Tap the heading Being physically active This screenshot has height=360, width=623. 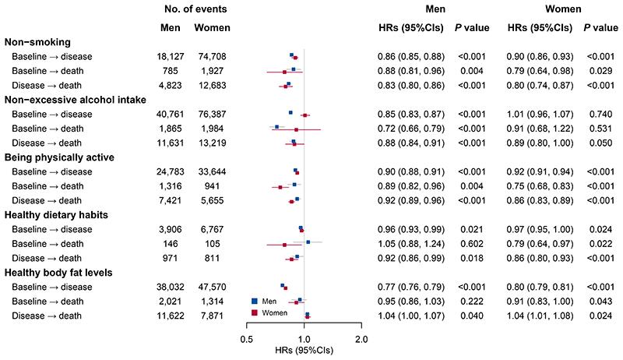pyautogui.click(x=59, y=157)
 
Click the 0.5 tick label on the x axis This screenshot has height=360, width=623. pyautogui.click(x=247, y=339)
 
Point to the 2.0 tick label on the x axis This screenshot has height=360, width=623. pyautogui.click(x=361, y=339)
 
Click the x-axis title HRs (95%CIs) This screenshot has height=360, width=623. pyautogui.click(x=304, y=351)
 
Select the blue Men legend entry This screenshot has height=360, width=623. pyautogui.click(x=269, y=301)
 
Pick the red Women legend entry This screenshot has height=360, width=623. pyautogui.click(x=274, y=312)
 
